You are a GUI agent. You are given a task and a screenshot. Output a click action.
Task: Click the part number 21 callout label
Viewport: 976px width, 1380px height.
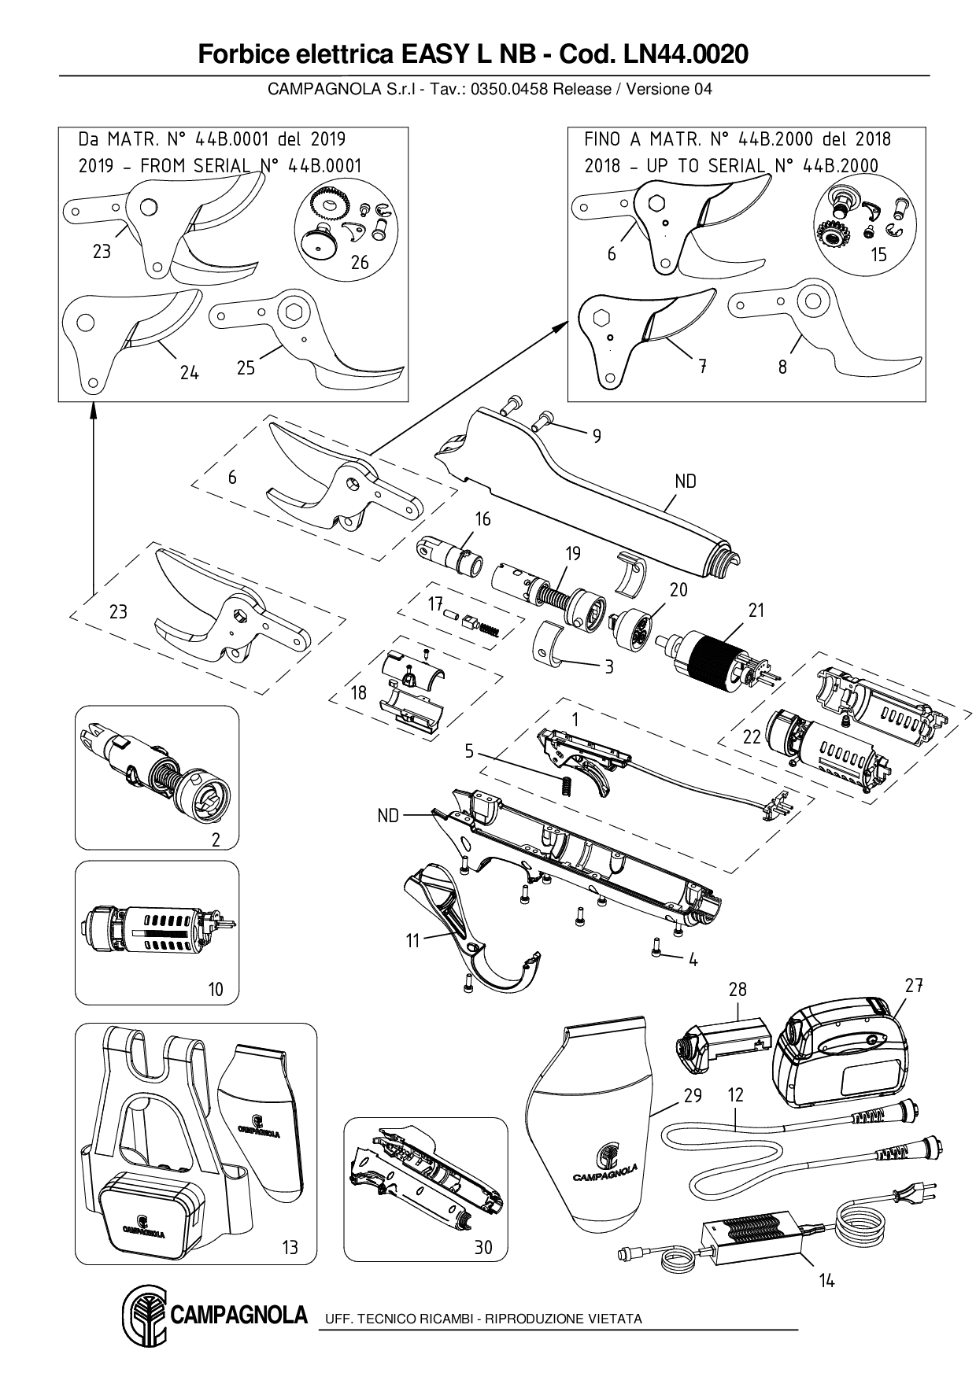pyautogui.click(x=756, y=610)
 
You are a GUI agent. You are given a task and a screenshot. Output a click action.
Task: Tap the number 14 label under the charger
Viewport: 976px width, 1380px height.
pyautogui.click(x=826, y=1281)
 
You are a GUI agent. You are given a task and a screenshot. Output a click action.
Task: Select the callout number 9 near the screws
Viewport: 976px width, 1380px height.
pyautogui.click(x=597, y=435)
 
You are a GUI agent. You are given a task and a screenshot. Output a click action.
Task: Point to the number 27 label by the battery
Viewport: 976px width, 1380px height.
pyautogui.click(x=913, y=985)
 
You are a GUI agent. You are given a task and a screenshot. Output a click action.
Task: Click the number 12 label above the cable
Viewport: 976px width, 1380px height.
pyautogui.click(x=736, y=1094)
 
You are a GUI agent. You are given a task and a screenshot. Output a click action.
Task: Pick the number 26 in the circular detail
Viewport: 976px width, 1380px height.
pyautogui.click(x=360, y=263)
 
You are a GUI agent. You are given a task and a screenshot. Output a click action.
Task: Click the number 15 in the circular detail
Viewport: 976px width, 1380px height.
pyautogui.click(x=878, y=254)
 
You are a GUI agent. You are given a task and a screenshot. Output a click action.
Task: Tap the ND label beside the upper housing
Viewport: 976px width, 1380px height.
pyautogui.click(x=686, y=481)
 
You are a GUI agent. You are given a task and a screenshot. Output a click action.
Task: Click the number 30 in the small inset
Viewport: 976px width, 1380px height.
pyautogui.click(x=483, y=1247)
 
